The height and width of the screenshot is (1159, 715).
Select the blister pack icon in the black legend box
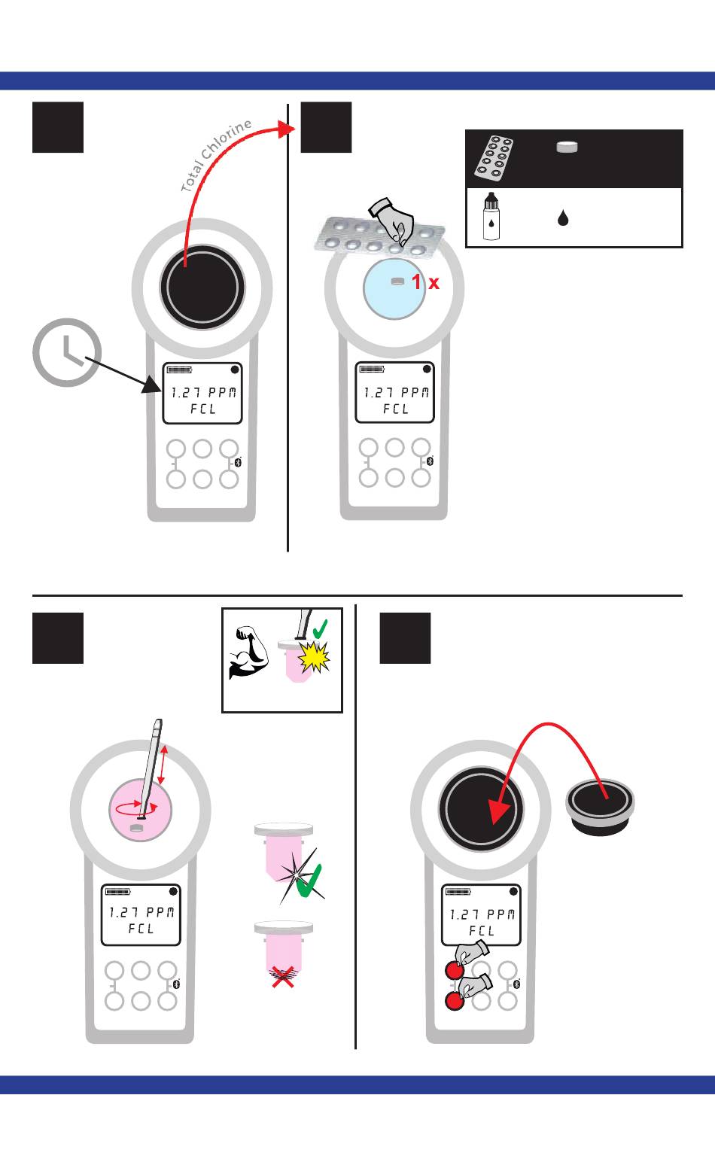point(493,159)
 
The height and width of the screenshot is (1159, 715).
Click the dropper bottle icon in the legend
point(491,216)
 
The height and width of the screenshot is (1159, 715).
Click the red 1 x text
point(424,283)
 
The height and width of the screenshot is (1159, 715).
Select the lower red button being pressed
point(453,1000)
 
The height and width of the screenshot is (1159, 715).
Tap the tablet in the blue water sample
point(397,281)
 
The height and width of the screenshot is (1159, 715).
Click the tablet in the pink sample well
point(136,828)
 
